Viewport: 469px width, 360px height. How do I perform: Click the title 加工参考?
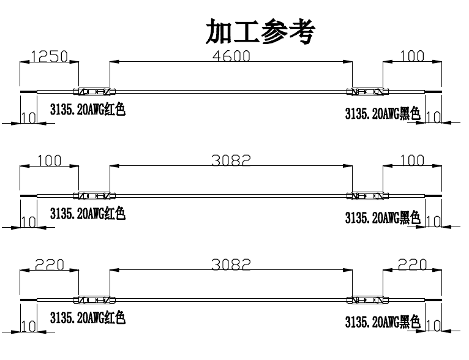pyautogui.click(x=260, y=32)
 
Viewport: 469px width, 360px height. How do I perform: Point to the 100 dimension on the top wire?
pyautogui.click(x=412, y=56)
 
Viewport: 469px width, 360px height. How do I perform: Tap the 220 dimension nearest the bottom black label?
pyautogui.click(x=412, y=264)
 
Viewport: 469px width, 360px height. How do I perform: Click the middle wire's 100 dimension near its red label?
pyautogui.click(x=49, y=160)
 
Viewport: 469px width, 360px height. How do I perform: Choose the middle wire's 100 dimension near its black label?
pyautogui.click(x=412, y=160)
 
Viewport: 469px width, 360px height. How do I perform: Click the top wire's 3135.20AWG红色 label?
pyautogui.click(x=88, y=110)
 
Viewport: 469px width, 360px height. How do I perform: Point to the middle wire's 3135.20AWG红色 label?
pyautogui.click(x=88, y=214)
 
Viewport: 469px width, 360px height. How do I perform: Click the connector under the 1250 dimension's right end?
pyautogui.click(x=93, y=92)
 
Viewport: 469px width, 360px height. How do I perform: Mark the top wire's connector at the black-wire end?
pyautogui.click(x=367, y=92)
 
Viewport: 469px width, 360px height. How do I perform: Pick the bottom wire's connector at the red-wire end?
pyautogui.click(x=93, y=300)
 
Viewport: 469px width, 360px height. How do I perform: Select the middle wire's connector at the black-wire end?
pyautogui.click(x=367, y=196)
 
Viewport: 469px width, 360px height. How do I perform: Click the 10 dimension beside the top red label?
pyautogui.click(x=28, y=117)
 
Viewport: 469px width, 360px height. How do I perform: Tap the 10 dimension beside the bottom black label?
pyautogui.click(x=433, y=325)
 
